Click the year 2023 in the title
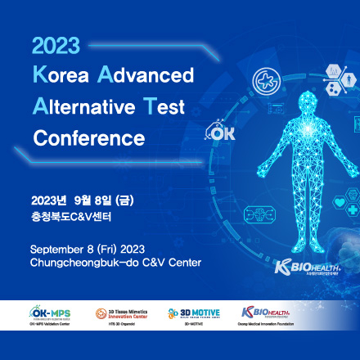tap(56, 47)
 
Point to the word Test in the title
tap(167, 106)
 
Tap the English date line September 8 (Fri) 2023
tap(88, 248)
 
